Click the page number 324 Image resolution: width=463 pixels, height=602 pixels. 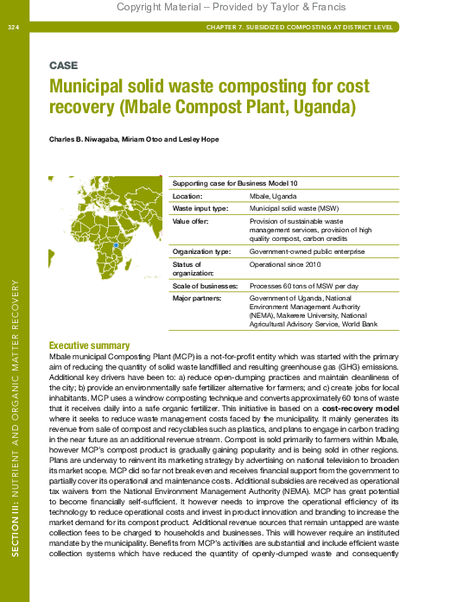[13, 28]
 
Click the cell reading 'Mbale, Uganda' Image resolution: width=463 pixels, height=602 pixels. [271, 198]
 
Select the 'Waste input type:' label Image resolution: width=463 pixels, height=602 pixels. [201, 209]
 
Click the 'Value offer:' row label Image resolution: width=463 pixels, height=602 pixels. [193, 221]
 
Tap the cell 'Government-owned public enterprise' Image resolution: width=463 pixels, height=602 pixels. [303, 251]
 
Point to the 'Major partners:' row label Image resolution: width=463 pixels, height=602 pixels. [198, 297]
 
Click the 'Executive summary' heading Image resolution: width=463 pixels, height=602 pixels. [90, 345]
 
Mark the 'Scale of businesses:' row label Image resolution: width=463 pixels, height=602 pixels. [206, 285]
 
